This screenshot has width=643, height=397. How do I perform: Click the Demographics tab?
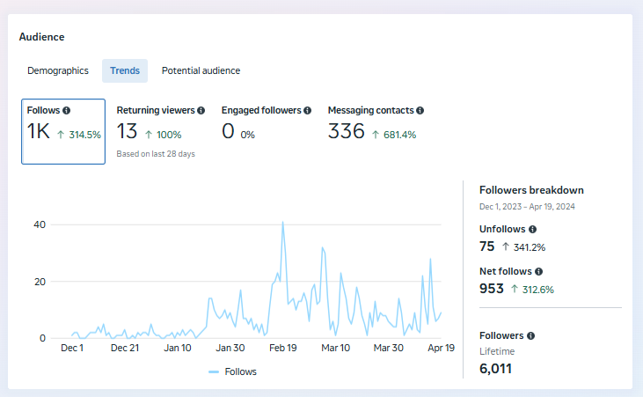(58, 70)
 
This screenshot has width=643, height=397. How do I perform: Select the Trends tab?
(125, 70)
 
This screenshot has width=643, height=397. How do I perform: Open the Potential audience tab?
(201, 70)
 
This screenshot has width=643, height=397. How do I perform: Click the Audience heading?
(41, 37)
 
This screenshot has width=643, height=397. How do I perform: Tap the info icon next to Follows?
(67, 111)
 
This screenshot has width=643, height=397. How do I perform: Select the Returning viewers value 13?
(128, 132)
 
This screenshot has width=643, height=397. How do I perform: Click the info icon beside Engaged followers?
(308, 111)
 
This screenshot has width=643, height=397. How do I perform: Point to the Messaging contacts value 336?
(346, 132)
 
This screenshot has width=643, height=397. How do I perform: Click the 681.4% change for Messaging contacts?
(394, 135)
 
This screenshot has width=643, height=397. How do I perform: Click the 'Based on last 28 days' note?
(156, 154)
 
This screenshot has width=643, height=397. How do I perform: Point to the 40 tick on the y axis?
(39, 224)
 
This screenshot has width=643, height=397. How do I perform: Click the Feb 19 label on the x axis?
(282, 348)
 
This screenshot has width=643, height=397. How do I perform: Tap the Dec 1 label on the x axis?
(72, 348)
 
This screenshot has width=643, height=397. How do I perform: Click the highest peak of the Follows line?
(282, 223)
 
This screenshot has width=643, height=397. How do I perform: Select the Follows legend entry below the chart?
(233, 371)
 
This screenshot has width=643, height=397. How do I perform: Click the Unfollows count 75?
(487, 246)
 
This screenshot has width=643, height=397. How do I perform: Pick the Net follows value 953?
(492, 289)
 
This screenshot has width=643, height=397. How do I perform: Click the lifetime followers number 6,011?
(495, 368)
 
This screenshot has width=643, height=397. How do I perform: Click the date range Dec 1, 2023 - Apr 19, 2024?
(527, 206)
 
